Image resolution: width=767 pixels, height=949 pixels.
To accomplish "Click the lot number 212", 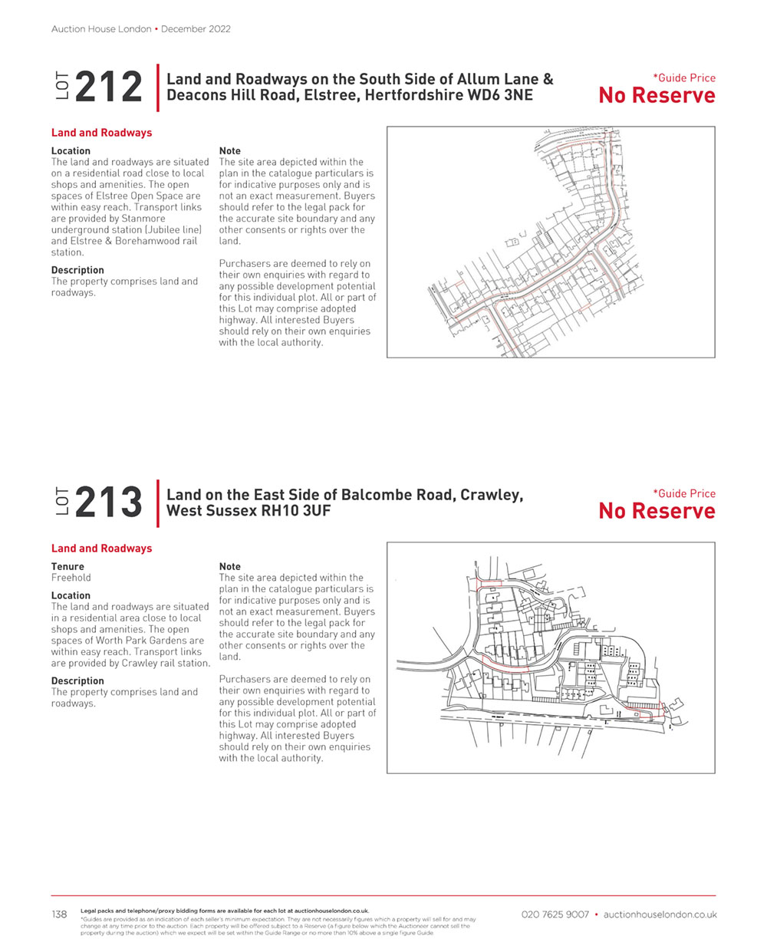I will tap(109, 87).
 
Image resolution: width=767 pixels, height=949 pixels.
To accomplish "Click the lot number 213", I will tap(109, 503).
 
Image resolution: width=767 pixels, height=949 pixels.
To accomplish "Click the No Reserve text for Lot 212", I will tap(657, 96).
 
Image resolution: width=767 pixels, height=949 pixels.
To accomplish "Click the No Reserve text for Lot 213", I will tap(657, 512).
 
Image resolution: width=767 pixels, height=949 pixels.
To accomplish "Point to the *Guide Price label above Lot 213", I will tap(683, 493).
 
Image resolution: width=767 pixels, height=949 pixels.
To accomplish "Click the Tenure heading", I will tap(67, 566).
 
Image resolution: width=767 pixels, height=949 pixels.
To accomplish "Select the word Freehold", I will tap(71, 578).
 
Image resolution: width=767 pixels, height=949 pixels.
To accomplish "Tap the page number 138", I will tap(59, 914).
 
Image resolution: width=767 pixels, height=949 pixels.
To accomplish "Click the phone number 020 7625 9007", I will tap(555, 914).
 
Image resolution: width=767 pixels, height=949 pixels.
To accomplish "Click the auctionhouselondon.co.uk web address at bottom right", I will tap(660, 914).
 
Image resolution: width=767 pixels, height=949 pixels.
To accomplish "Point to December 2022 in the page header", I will tap(196, 29).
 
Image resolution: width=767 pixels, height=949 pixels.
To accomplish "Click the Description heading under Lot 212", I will tap(77, 270).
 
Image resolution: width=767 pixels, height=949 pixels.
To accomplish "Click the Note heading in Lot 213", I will tap(229, 566).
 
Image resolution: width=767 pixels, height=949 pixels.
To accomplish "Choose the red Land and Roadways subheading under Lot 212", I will tap(101, 133).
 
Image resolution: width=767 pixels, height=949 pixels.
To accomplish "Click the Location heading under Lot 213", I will tap(71, 595).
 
